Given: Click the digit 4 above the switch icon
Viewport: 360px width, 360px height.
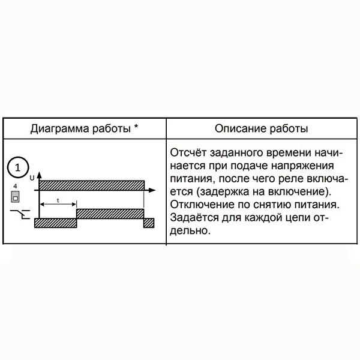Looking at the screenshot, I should click(x=15, y=187).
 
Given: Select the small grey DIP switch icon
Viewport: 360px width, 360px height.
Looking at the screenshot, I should click(x=15, y=197).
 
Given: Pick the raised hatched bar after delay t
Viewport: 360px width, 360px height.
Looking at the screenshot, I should click(x=110, y=213).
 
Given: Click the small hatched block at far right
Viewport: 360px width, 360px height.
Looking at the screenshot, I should click(x=149, y=223).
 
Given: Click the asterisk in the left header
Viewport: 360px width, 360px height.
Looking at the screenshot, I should click(x=137, y=129).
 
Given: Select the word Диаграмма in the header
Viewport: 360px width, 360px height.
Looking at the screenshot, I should click(x=57, y=129).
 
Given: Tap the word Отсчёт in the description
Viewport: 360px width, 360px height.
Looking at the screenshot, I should click(x=187, y=152).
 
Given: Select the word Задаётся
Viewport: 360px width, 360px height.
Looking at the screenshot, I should click(x=193, y=218).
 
